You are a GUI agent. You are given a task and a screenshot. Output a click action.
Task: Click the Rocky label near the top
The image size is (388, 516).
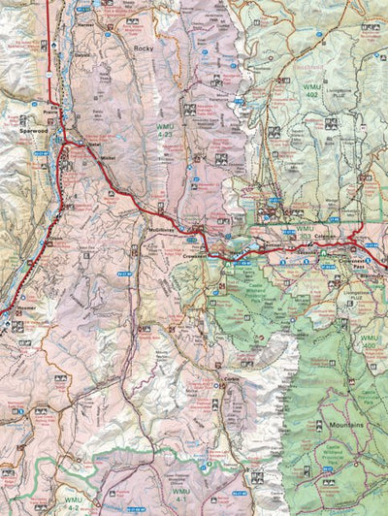pos(145,48)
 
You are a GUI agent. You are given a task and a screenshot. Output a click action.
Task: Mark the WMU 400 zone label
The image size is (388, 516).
pos(370,341)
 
